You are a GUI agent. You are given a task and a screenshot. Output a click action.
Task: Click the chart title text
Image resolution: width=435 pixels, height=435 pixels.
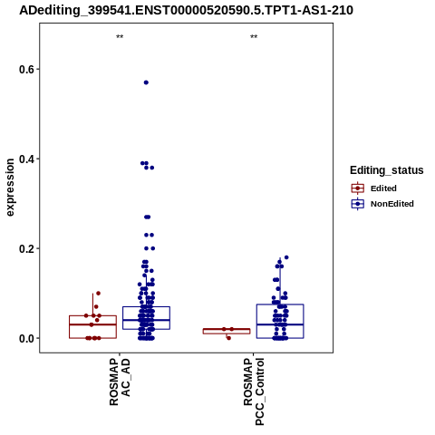[186, 11]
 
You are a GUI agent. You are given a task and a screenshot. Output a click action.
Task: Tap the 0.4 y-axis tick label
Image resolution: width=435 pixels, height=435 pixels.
[25, 159]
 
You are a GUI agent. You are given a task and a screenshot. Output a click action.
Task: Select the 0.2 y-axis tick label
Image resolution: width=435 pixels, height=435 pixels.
[25, 248]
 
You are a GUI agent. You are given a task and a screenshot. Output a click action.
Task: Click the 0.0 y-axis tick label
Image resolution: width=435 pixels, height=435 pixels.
[25, 338]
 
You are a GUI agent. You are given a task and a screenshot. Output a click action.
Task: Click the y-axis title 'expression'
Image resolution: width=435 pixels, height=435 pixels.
[10, 188]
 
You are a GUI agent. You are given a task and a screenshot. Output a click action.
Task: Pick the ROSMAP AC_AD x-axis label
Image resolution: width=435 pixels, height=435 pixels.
[120, 382]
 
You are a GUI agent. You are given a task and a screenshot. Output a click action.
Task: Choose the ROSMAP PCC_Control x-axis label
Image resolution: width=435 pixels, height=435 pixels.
[254, 391]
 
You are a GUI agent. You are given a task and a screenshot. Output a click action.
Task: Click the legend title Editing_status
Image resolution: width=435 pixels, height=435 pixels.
[387, 170]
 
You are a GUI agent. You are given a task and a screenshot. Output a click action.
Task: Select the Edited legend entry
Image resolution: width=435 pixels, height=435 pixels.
[374, 188]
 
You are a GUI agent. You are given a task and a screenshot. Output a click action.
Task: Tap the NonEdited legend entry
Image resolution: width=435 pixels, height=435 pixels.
[382, 204]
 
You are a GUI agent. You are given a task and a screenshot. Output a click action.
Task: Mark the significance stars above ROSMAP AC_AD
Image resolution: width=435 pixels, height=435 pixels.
[120, 37]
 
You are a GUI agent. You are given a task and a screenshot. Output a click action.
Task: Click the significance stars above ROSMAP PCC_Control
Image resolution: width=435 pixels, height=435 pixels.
[254, 37]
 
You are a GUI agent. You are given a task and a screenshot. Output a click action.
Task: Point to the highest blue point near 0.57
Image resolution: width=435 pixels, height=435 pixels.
[146, 82]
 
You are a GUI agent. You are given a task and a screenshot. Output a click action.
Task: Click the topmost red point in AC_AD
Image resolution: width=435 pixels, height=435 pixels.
[98, 293]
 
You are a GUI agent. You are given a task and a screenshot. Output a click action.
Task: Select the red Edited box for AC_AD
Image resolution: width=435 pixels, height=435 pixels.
[92, 315]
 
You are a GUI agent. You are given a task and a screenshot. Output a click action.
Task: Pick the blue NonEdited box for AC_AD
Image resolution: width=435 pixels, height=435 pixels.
[146, 307]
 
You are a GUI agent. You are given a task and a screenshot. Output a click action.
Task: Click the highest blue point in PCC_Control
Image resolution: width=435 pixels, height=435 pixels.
[286, 257]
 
